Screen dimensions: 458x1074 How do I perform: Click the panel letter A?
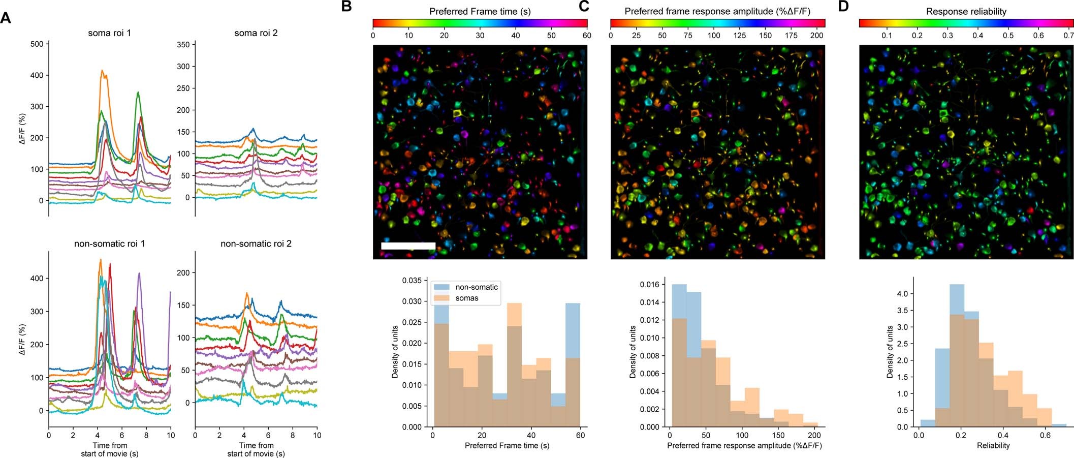(6, 18)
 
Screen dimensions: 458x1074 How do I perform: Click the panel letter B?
(346, 7)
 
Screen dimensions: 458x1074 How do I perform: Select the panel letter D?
(843, 7)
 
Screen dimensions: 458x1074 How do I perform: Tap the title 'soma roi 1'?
(109, 33)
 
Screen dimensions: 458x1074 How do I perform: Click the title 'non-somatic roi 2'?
(256, 244)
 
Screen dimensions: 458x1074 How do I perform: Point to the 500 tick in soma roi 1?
(37, 44)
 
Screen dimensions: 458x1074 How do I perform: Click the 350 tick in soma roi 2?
(183, 45)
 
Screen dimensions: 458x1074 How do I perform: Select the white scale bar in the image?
(408, 246)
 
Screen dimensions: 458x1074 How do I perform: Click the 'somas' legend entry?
(466, 298)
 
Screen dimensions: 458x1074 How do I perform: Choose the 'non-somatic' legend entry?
(476, 287)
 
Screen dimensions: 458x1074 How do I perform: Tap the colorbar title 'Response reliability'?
(966, 11)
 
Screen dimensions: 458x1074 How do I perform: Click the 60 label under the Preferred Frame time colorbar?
(587, 36)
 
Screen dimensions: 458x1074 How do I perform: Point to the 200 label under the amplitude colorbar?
(817, 36)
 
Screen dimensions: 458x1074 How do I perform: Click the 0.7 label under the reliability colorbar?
(1068, 36)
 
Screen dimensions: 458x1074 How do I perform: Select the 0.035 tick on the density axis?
(412, 281)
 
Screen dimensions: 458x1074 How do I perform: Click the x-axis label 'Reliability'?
(993, 446)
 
